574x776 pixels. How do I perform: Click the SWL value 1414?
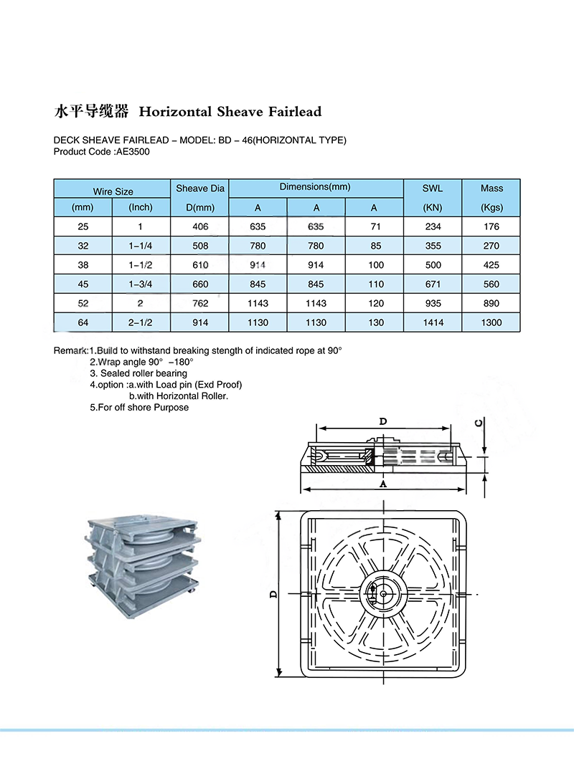tap(433, 322)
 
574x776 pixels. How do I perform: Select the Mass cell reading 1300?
tap(491, 322)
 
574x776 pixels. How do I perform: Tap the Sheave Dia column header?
tap(200, 188)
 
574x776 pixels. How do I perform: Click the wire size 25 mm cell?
tap(83, 226)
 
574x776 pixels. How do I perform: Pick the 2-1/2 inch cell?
tap(141, 322)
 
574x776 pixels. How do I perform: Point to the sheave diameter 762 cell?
tap(200, 303)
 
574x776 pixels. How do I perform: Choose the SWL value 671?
tap(433, 284)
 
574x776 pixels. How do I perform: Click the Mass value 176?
tap(491, 226)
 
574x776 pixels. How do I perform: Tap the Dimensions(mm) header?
tap(315, 187)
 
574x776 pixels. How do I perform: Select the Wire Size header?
tap(113, 191)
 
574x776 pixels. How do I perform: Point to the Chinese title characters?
tap(91, 112)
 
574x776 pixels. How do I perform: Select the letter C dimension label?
tap(478, 422)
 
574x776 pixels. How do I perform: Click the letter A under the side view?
tap(383, 484)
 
